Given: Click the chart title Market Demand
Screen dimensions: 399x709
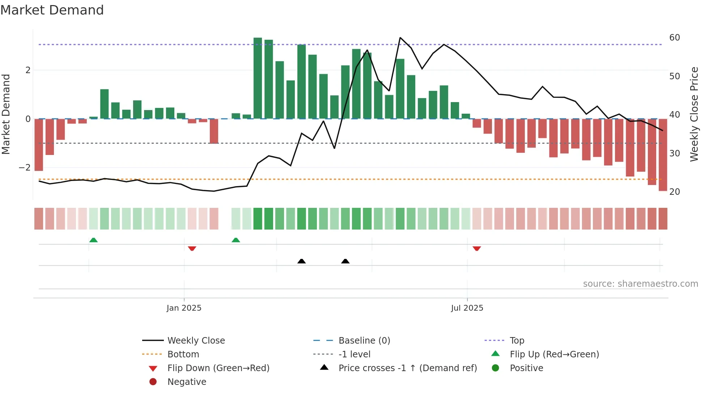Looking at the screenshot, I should [52, 10].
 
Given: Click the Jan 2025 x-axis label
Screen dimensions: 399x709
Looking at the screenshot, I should [184, 308].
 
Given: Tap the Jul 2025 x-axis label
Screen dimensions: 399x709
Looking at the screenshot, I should [467, 308].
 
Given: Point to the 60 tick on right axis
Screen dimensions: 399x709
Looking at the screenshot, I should [674, 38].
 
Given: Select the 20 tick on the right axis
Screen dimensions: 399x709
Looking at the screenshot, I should [674, 192].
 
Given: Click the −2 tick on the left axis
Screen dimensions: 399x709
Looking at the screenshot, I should [25, 168].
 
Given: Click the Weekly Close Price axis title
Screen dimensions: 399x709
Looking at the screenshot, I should [694, 114].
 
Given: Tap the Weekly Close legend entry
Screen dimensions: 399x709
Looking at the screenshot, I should [196, 341].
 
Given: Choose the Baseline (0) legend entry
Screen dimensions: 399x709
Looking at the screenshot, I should [364, 341].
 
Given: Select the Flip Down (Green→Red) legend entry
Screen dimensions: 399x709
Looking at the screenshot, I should [218, 368].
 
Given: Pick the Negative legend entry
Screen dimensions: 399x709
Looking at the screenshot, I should [187, 382].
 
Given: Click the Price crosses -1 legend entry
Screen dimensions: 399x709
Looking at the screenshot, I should [407, 368].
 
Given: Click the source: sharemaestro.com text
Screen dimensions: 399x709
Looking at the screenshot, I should [640, 284].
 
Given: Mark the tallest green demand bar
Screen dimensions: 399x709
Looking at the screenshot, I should [258, 78].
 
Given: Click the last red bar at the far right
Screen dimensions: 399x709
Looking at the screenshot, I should [663, 155].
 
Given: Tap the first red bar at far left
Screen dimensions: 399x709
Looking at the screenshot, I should [39, 145].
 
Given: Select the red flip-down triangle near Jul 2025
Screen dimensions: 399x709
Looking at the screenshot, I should [476, 248].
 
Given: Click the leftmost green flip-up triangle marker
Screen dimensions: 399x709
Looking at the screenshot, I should [93, 240].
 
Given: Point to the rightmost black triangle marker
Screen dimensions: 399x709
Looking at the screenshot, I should [345, 261].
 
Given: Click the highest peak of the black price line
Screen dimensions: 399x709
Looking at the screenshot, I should [400, 38].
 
